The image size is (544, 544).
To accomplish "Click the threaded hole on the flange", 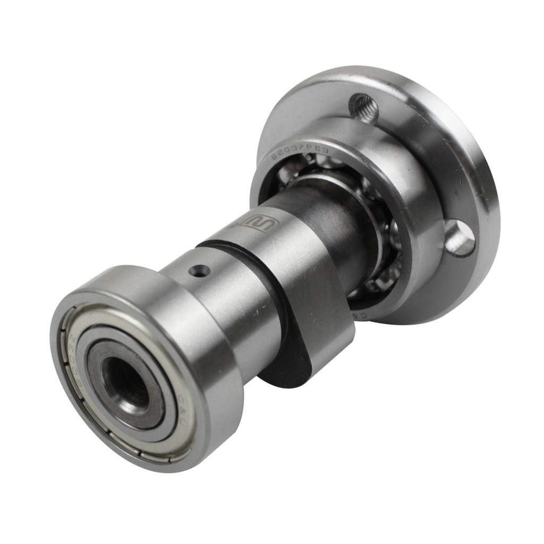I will (364, 108).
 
